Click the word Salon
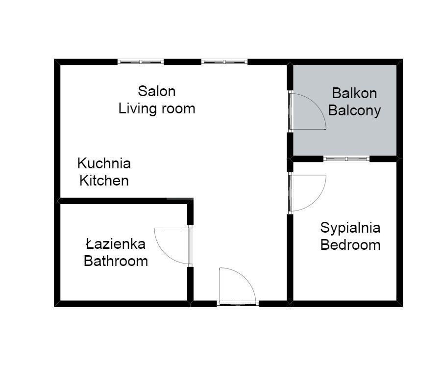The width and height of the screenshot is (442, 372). point(156,91)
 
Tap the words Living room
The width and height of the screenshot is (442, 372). point(157,108)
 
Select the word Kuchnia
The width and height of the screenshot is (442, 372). point(104,163)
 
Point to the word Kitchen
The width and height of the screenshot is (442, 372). point(104,181)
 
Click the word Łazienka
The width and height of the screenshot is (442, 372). point(115,243)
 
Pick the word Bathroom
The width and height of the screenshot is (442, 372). point(116,261)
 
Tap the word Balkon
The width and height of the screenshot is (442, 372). point(354,93)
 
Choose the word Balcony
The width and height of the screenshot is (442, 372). point(354,110)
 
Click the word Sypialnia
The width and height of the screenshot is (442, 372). point(350,228)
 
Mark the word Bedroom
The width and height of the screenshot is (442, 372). point(350,245)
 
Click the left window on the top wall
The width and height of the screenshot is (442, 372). point(141,62)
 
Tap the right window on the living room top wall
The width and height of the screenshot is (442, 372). point(224,62)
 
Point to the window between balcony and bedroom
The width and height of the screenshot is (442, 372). point(346,159)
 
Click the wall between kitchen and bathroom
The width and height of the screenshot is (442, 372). point(123,200)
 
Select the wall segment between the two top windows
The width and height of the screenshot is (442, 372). point(182,62)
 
